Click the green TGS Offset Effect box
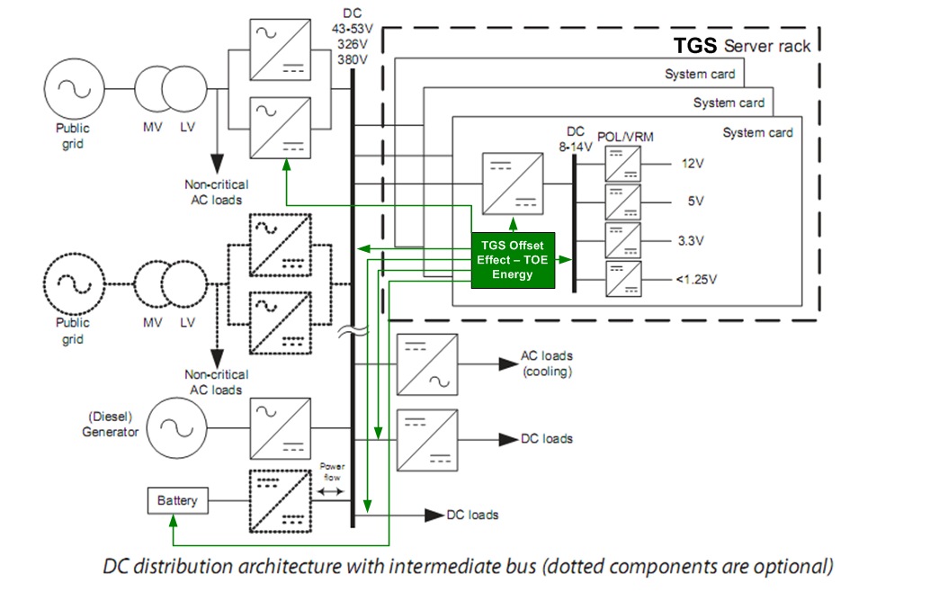[512, 260]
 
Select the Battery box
[177, 499]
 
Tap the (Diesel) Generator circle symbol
[178, 426]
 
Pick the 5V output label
[694, 202]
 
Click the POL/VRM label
[625, 136]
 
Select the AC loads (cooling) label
[546, 363]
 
